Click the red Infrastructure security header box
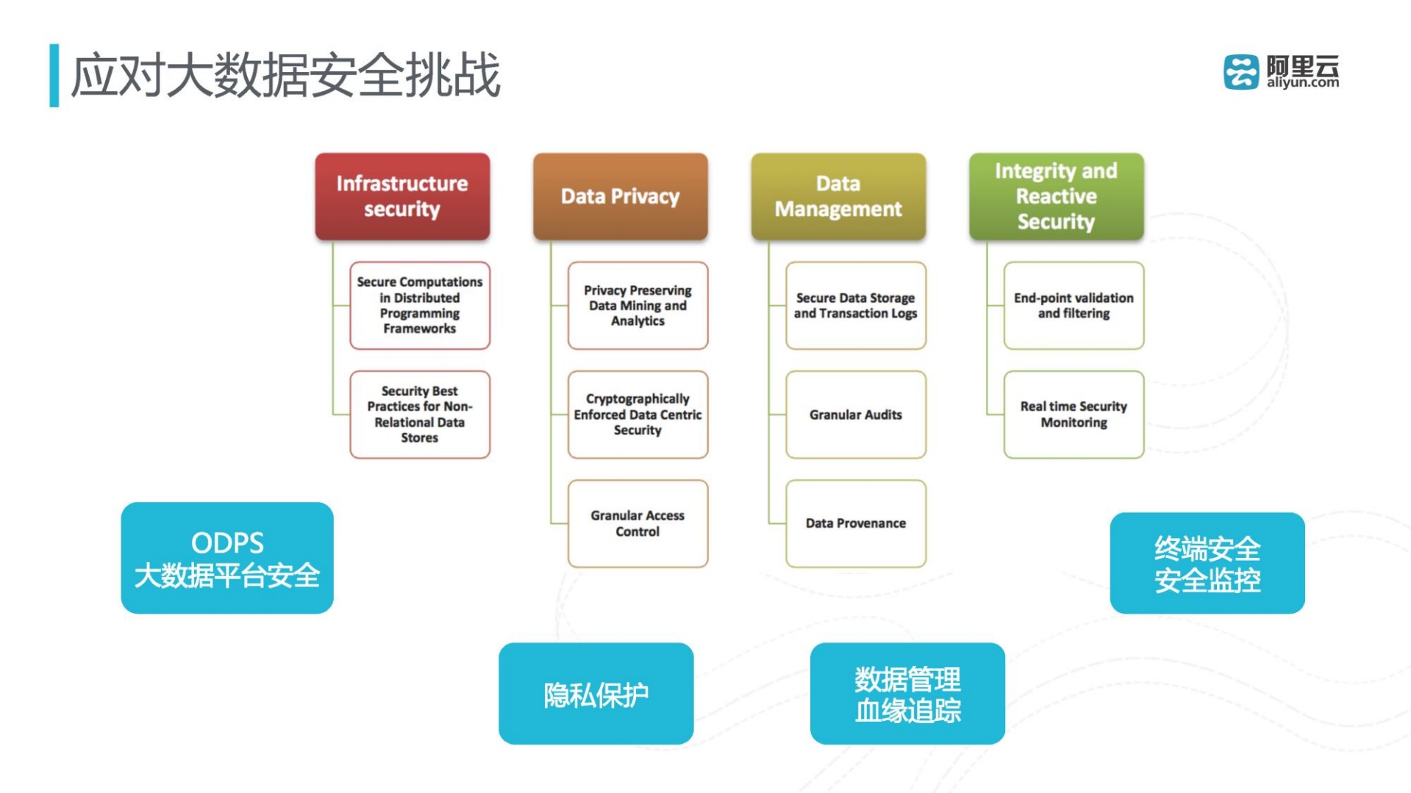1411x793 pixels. tap(402, 196)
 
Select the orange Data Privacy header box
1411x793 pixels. tap(620, 196)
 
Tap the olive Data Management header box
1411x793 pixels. tap(838, 196)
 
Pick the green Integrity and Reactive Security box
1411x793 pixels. tap(1056, 196)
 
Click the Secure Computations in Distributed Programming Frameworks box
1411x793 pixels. tap(420, 305)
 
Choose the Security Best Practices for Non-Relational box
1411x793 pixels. tap(420, 415)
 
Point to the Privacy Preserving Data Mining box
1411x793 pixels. tap(637, 305)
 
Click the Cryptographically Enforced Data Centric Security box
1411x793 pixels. tap(637, 415)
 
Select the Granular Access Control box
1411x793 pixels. tap(637, 523)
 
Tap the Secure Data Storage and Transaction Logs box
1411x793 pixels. tap(855, 305)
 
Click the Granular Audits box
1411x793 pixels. tap(855, 415)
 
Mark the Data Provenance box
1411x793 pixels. tap(855, 523)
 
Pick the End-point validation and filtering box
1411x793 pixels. tap(1074, 305)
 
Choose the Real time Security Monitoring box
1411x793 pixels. tap(1074, 415)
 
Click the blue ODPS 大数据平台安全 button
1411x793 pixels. tap(227, 558)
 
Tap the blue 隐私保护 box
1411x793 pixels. tap(596, 694)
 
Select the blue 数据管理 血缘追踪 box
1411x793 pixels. tap(907, 694)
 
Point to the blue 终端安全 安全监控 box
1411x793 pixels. tap(1207, 563)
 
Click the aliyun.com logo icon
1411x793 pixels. tap(1241, 72)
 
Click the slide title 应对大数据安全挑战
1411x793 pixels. tap(285, 75)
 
